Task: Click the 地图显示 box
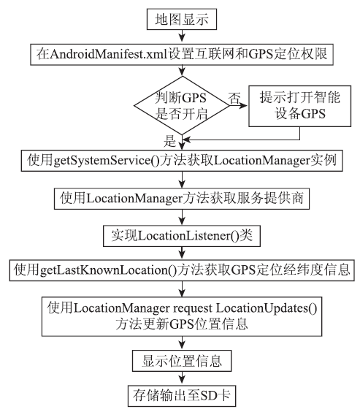click(181, 19)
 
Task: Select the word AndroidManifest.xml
click(109, 54)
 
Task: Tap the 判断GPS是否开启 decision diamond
click(182, 105)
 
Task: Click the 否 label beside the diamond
click(234, 99)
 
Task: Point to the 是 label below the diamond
click(169, 141)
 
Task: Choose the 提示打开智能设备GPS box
click(299, 106)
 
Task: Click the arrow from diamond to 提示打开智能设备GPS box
click(239, 106)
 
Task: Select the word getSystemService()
click(107, 160)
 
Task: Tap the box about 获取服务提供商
click(182, 199)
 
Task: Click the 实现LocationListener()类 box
click(182, 236)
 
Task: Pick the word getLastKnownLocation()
click(109, 270)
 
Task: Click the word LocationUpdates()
click(267, 308)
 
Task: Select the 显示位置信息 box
click(182, 361)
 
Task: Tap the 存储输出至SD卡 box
click(182, 396)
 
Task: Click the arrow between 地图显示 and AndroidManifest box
click(182, 36)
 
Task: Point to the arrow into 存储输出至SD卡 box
click(182, 378)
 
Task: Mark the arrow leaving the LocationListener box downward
click(182, 253)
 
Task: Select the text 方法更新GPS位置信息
click(182, 324)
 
